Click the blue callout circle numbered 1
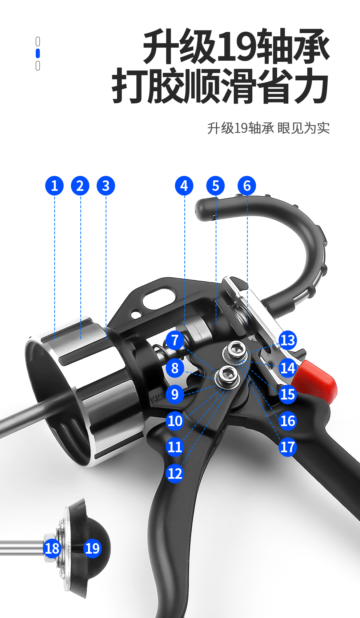[x=55, y=186]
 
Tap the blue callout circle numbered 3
[x=106, y=186]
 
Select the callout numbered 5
[x=215, y=186]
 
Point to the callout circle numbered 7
[x=175, y=340]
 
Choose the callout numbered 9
[x=175, y=394]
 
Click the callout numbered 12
[x=175, y=473]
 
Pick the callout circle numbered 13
[x=288, y=340]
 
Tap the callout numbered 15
[x=288, y=394]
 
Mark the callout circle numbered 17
[x=288, y=447]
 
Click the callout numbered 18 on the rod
[x=52, y=549]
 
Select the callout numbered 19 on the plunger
[x=92, y=549]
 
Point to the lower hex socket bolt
[x=228, y=377]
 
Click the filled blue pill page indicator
[x=38, y=53]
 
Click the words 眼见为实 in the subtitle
[x=303, y=128]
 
